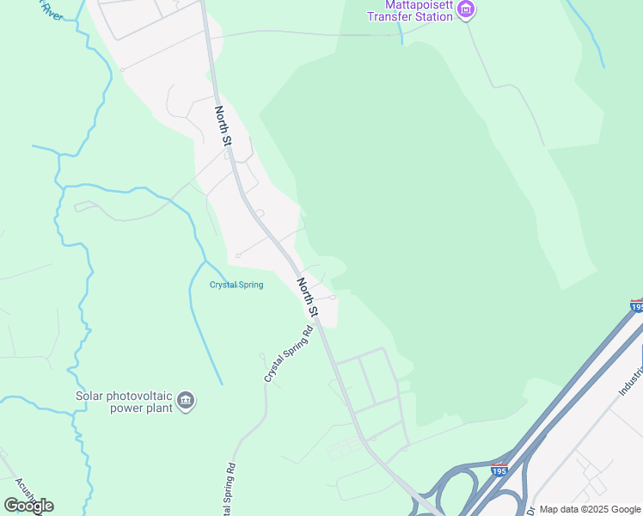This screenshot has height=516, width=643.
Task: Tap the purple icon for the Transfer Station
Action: tap(466, 10)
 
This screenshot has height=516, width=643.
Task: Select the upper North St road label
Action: tap(224, 126)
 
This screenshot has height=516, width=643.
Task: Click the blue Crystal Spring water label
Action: tap(236, 285)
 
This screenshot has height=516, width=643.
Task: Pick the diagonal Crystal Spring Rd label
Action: tap(286, 354)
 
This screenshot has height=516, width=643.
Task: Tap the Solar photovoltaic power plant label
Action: tap(124, 401)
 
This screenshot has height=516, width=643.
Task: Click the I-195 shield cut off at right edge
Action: tap(636, 306)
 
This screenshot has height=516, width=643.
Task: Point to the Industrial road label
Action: tap(631, 375)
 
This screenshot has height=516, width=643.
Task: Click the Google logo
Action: tap(28, 505)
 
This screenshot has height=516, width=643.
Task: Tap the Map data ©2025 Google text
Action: tap(589, 508)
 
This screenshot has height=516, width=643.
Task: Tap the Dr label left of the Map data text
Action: tap(530, 509)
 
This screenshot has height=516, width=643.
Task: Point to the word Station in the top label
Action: tap(432, 16)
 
